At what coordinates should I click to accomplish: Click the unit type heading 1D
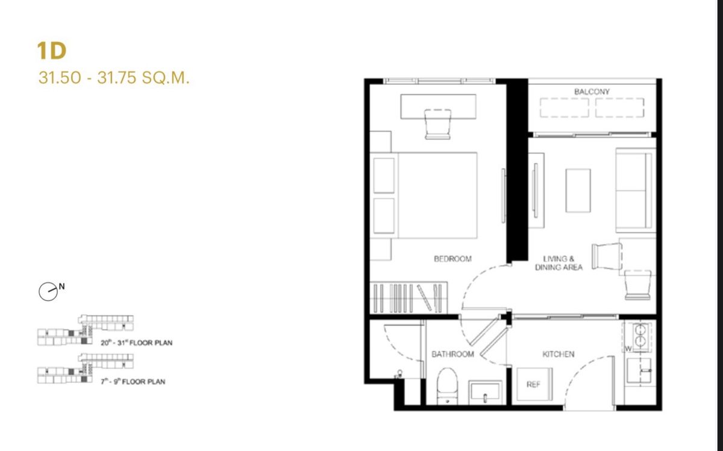click(x=52, y=51)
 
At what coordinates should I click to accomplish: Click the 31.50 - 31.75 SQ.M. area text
click(x=114, y=78)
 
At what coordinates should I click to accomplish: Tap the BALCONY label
click(x=592, y=92)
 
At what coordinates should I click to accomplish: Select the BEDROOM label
click(x=452, y=259)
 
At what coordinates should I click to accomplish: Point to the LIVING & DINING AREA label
click(x=559, y=263)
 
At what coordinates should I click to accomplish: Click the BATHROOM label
click(x=452, y=354)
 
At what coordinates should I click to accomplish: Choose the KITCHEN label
click(x=559, y=354)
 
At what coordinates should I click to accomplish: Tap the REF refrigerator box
click(x=534, y=384)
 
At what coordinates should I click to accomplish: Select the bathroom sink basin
click(x=485, y=392)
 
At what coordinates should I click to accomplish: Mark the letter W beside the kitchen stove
click(x=628, y=349)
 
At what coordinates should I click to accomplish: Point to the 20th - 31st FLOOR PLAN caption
click(x=137, y=343)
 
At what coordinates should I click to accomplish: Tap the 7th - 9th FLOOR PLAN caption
click(x=133, y=382)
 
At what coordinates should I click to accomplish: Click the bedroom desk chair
click(x=437, y=124)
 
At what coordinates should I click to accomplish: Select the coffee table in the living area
click(x=578, y=191)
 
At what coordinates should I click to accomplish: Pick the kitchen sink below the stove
click(x=639, y=370)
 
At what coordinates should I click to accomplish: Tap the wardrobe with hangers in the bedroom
click(x=408, y=297)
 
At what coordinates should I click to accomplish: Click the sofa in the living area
click(x=635, y=190)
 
